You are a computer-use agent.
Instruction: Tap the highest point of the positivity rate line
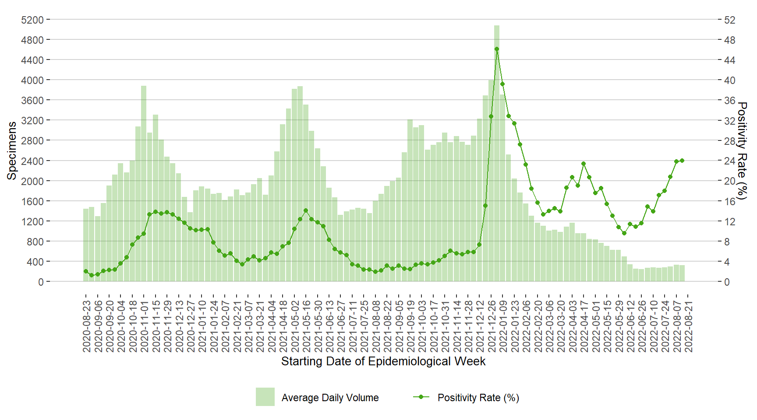tap(496, 49)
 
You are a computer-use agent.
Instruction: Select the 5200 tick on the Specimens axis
tap(32, 20)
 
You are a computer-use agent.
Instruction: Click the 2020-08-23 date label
tap(87, 326)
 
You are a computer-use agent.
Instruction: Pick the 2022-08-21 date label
tap(689, 326)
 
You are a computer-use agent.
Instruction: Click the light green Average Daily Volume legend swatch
tap(265, 397)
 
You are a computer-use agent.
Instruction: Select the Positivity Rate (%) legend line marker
tap(421, 397)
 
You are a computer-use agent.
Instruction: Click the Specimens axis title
tap(12, 150)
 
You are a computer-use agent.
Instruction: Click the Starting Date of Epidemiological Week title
tap(383, 361)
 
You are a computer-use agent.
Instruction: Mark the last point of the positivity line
tap(682, 161)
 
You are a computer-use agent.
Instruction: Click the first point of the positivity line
tap(86, 271)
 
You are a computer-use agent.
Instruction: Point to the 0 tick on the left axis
tap(41, 282)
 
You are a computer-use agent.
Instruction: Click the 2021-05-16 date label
tap(307, 326)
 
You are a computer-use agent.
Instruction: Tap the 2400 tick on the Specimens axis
tap(32, 161)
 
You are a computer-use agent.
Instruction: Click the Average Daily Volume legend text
tap(330, 398)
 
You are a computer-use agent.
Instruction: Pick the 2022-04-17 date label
tap(584, 326)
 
